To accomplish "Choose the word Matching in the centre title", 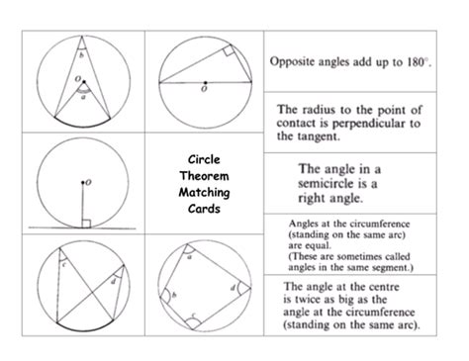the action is pos(206,193).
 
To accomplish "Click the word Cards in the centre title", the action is pos(206,210).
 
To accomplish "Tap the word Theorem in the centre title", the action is pos(206,176).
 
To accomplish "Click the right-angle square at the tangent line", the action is pos(87,224).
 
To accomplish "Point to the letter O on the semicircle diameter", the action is pos(204,90).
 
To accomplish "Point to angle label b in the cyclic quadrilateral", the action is pos(176,295).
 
